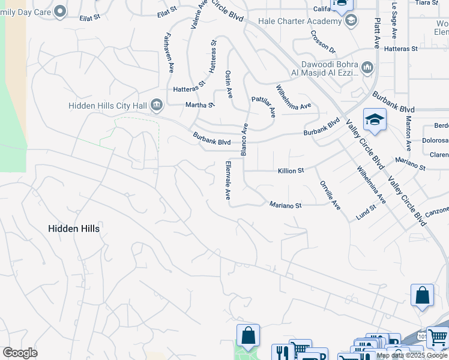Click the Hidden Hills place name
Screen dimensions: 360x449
74,229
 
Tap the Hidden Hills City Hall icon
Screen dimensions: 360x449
157,106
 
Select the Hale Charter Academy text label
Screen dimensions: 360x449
298,21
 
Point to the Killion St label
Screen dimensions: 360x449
291,171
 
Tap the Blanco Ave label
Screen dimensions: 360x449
244,140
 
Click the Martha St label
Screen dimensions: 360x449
199,106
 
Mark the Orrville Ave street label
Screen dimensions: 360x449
330,195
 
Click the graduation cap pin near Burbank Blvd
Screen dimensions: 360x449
374,119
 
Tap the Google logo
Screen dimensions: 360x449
20,353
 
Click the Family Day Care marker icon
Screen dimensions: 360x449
59,10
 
